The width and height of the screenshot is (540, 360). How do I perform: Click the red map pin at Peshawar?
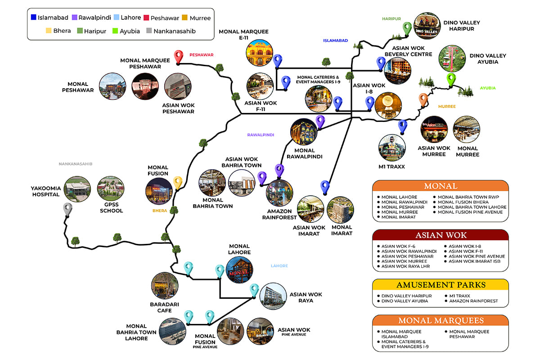[179, 56]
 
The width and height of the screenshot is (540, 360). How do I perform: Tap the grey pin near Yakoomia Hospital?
[67, 209]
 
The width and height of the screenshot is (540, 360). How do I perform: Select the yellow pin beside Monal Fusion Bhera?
[178, 182]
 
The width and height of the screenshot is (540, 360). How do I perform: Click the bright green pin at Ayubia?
[451, 80]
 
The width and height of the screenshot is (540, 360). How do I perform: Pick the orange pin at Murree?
[423, 99]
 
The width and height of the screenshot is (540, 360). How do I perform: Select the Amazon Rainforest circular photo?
[279, 193]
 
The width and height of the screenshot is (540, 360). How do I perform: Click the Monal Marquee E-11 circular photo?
[260, 53]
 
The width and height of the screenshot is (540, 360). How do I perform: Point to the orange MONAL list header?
[441, 186]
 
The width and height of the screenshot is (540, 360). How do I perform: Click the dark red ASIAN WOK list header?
[441, 235]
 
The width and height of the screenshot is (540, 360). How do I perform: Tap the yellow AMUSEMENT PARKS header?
[441, 285]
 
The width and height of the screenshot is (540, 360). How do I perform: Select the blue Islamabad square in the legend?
[34, 18]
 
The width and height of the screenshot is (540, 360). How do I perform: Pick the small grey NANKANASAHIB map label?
[75, 164]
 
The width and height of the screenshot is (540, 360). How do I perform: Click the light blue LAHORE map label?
[279, 266]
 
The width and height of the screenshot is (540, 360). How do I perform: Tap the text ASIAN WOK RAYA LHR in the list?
[405, 266]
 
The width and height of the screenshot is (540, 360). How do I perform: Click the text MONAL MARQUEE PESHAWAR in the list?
[469, 334]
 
